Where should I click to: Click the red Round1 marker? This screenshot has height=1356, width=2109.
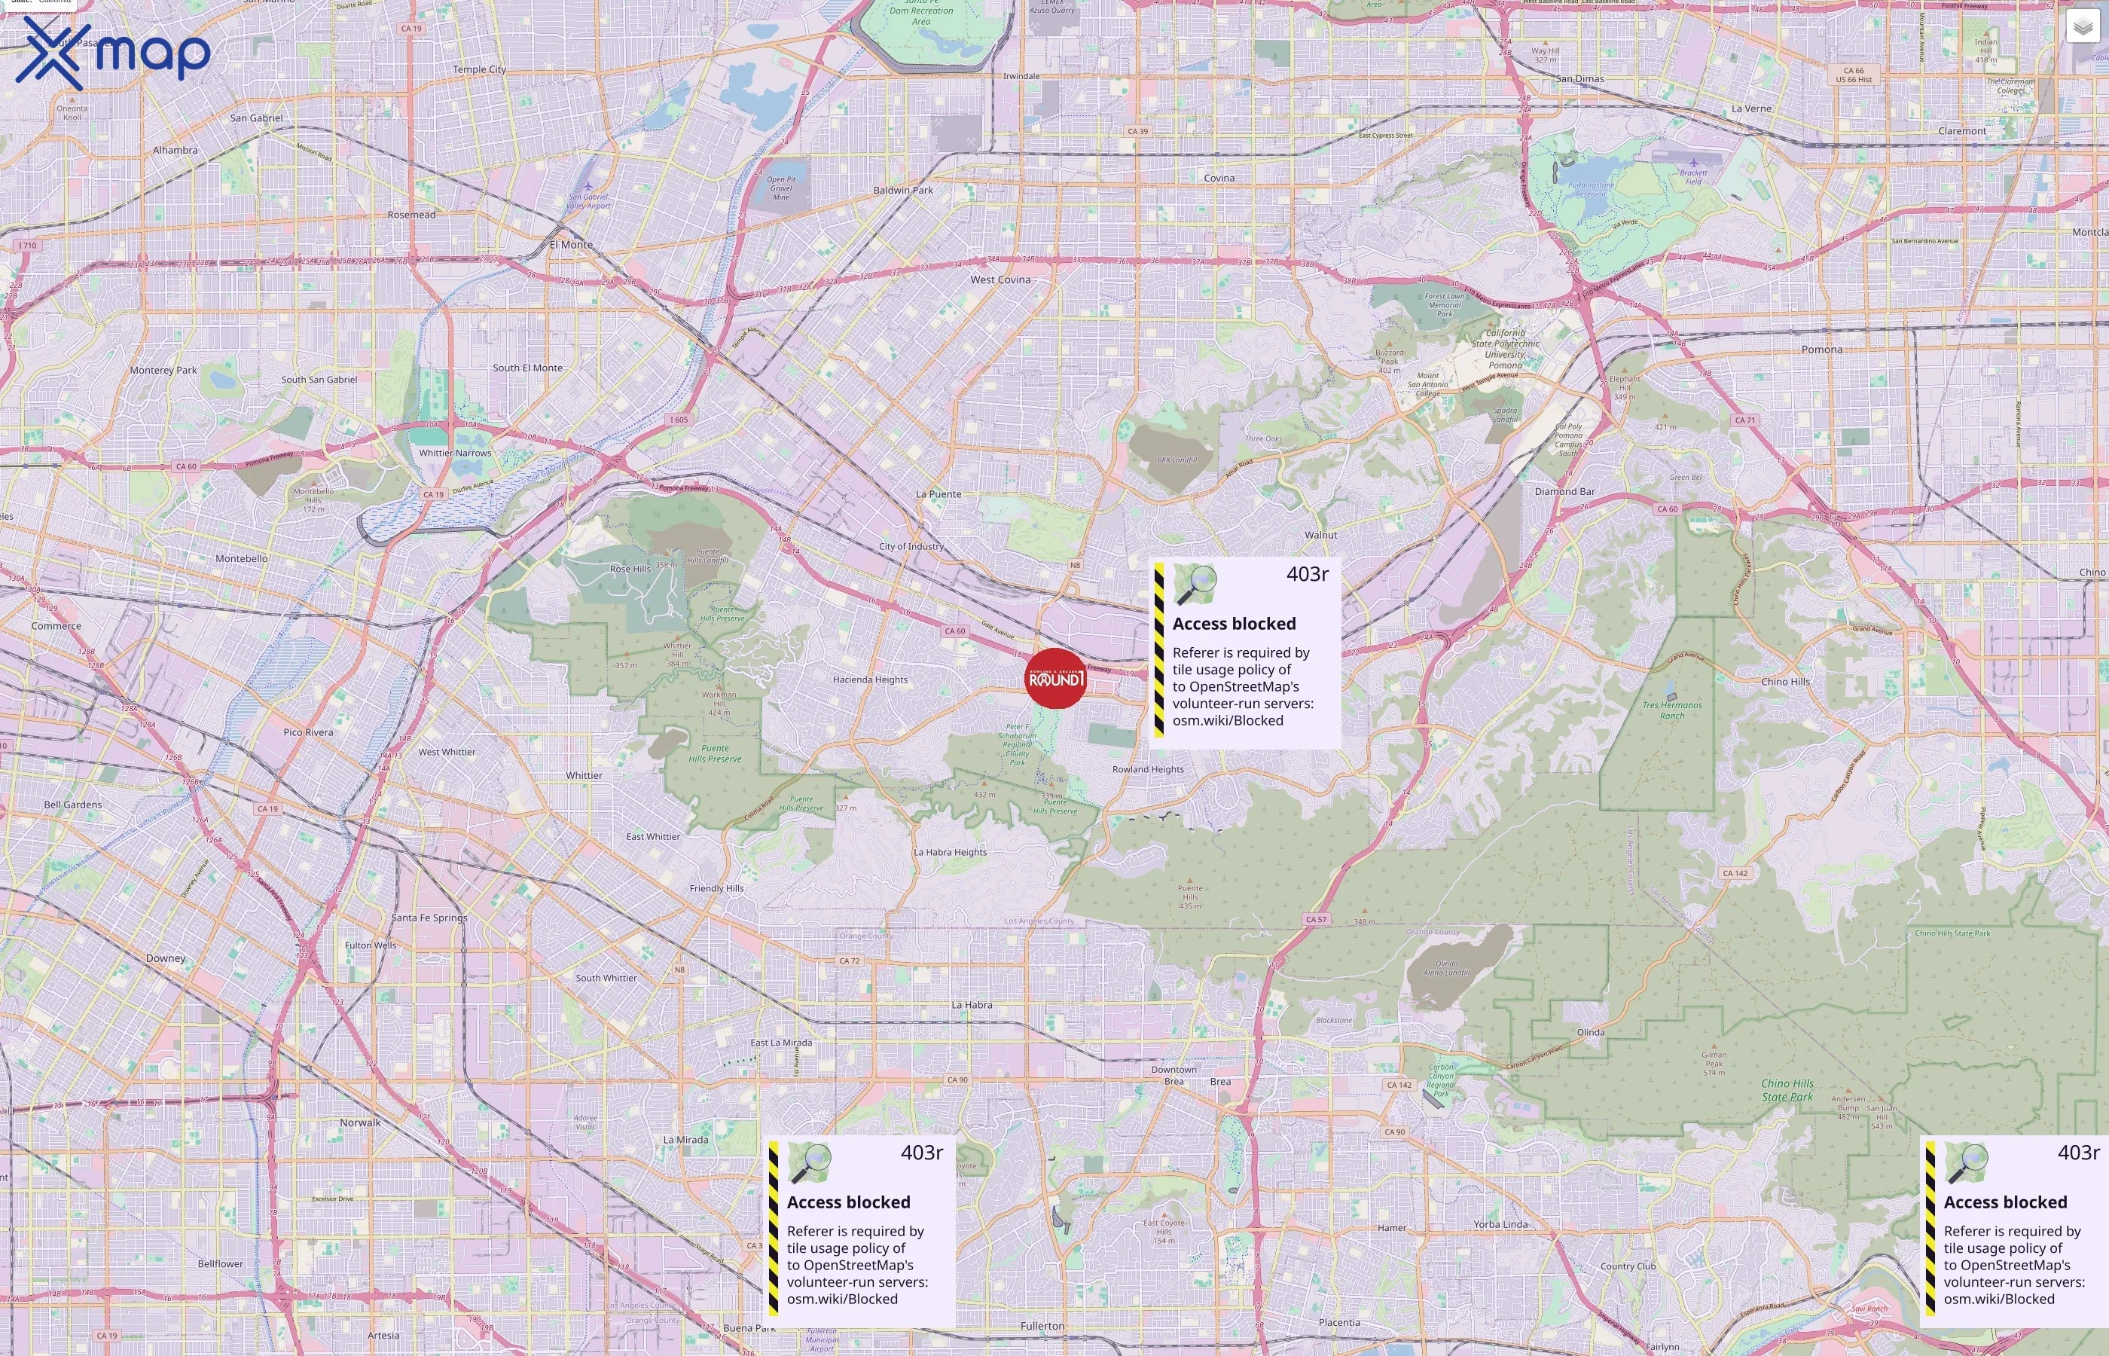click(x=1055, y=678)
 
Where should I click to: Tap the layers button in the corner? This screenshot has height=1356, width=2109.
click(x=2082, y=27)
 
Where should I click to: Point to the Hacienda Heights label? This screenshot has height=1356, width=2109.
click(x=870, y=680)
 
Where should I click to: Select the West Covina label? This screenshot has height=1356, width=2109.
click(x=1000, y=280)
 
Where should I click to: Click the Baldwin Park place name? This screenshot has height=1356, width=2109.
click(x=902, y=190)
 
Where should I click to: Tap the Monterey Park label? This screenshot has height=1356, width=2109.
click(x=163, y=371)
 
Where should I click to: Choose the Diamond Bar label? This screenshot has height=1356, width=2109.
click(x=1564, y=491)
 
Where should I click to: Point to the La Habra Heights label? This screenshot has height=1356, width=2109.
click(x=950, y=852)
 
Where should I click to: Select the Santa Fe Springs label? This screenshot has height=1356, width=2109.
click(x=429, y=918)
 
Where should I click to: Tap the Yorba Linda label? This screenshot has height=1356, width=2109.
click(x=1500, y=1225)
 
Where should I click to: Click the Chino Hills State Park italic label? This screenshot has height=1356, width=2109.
click(x=1787, y=1090)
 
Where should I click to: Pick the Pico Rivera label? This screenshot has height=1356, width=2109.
click(x=308, y=732)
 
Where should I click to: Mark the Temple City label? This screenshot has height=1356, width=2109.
click(x=479, y=69)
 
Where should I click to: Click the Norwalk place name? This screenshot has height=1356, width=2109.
click(x=360, y=1122)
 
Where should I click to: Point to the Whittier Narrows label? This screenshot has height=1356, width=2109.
click(x=455, y=454)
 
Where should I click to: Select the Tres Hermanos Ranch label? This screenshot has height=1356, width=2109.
click(x=1671, y=710)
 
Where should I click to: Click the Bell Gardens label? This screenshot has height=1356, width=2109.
click(x=73, y=805)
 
